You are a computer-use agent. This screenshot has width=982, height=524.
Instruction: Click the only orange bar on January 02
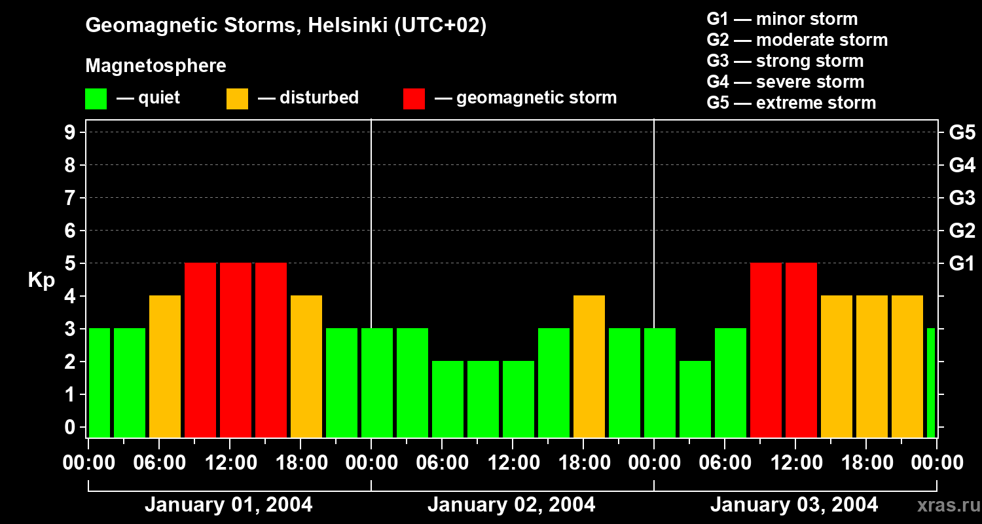[x=589, y=367]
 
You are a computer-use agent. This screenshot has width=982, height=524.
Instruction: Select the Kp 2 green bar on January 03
[x=695, y=399]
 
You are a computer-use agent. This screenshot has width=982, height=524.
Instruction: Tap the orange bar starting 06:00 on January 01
[x=165, y=367]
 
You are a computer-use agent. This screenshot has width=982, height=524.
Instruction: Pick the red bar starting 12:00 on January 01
[x=236, y=350]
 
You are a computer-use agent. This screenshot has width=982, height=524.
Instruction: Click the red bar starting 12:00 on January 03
[x=801, y=350]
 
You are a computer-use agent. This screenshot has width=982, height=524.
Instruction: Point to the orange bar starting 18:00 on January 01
[x=306, y=367]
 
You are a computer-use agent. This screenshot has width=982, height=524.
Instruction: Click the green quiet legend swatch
[x=96, y=99]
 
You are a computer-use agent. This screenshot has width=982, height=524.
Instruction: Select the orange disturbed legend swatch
[x=237, y=99]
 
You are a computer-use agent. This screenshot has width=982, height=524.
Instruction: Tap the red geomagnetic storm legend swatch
[x=414, y=99]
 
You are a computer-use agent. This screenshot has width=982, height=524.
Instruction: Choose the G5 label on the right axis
[x=962, y=133]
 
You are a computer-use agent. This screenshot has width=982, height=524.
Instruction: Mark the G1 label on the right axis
[x=962, y=264]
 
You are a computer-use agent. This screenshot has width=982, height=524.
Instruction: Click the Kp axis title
[x=41, y=281]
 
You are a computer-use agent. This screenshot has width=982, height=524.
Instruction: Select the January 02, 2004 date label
[x=511, y=505]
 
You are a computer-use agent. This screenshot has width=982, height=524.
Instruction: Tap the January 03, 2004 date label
[x=794, y=505]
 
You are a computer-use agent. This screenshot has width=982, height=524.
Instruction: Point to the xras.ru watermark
[x=946, y=505]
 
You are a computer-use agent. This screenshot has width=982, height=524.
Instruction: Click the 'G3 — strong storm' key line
[x=785, y=61]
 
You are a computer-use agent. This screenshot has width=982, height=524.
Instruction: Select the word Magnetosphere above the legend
[x=156, y=66]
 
